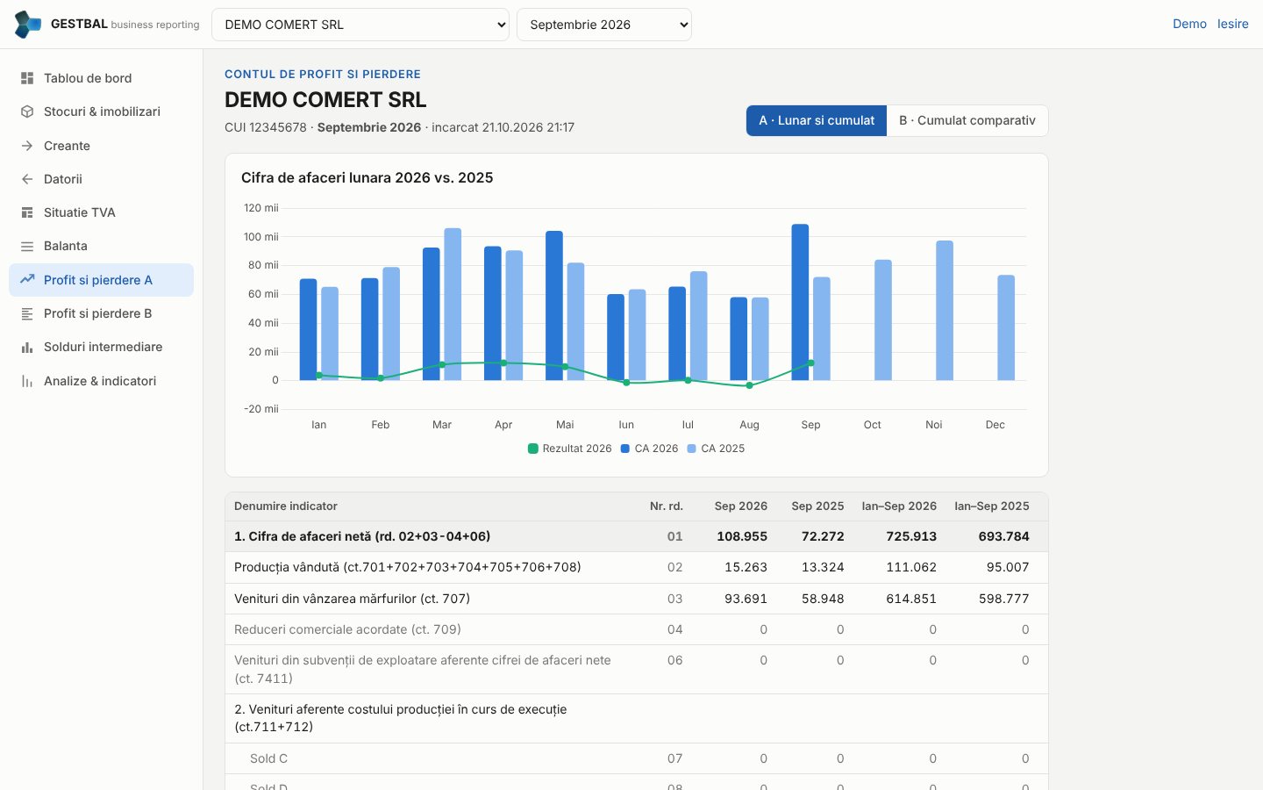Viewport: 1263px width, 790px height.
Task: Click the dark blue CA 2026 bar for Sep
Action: click(x=800, y=303)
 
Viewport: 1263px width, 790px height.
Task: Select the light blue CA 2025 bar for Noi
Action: click(x=945, y=311)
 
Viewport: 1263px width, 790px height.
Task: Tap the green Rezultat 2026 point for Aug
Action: click(x=749, y=385)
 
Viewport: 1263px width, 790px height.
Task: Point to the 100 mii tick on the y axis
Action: click(x=260, y=236)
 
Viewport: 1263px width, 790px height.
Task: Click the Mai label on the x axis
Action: click(x=565, y=424)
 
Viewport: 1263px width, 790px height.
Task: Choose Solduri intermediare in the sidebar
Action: click(x=102, y=347)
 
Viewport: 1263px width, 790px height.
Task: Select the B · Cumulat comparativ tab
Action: click(x=967, y=120)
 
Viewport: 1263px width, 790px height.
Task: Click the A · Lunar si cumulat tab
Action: click(x=817, y=120)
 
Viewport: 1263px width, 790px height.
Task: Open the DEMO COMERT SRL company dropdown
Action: click(x=360, y=25)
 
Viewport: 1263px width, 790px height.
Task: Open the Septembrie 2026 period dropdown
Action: click(x=603, y=25)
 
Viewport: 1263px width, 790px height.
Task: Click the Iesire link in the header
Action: click(x=1232, y=24)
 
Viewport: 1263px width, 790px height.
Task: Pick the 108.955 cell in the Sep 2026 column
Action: click(x=741, y=536)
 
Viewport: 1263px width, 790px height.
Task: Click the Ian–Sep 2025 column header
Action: click(x=991, y=506)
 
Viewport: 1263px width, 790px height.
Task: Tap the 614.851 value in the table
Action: click(x=911, y=598)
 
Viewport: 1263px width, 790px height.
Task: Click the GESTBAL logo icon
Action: click(x=28, y=25)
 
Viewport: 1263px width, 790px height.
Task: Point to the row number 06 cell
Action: click(x=675, y=660)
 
